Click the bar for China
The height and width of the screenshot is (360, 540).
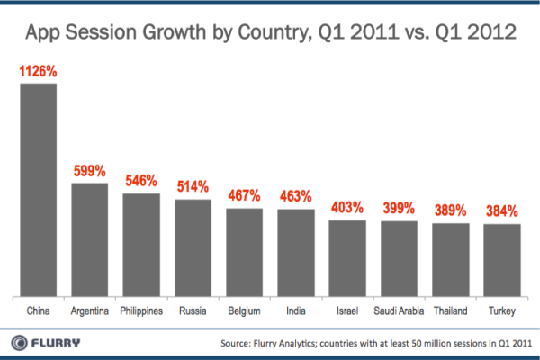[x=39, y=189]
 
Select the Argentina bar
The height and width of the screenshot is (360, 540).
[x=90, y=238]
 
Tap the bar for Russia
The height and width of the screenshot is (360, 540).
[x=193, y=247]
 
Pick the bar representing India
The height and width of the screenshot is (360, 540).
[x=296, y=251]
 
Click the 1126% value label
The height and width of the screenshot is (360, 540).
[x=39, y=69]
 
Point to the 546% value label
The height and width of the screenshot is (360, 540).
[x=141, y=179]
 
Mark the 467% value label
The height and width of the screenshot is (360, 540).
[x=244, y=194]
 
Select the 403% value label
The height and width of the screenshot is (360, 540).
[x=347, y=206]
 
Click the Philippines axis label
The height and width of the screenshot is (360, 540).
[x=141, y=310]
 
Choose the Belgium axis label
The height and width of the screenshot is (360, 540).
[x=244, y=310]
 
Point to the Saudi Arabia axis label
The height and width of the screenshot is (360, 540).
[x=399, y=310]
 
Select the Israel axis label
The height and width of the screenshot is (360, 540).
[x=347, y=310]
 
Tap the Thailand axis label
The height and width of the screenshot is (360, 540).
[x=451, y=310]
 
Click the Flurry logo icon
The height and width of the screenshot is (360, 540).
[x=18, y=342]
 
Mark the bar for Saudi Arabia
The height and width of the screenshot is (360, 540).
[x=399, y=257]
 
